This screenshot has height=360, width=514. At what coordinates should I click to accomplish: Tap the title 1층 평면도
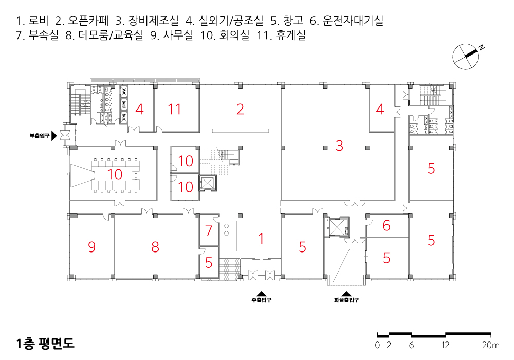[x=45, y=343]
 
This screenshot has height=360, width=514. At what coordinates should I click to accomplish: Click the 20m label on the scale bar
[x=491, y=346]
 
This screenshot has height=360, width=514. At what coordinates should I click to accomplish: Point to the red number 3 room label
[x=339, y=146]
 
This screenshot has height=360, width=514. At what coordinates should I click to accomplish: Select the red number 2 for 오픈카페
[x=240, y=109]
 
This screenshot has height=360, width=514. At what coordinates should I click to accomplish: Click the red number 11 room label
[x=175, y=109]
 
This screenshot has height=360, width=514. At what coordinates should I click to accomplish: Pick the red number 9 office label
[x=91, y=247]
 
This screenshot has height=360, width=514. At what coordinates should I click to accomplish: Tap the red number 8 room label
[x=155, y=247]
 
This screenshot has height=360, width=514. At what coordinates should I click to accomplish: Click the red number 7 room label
[x=209, y=231]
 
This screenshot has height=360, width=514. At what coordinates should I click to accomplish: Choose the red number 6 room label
[x=387, y=225]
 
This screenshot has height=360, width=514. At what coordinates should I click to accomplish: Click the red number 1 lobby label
[x=261, y=239]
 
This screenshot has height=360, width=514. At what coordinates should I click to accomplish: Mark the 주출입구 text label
[x=261, y=300]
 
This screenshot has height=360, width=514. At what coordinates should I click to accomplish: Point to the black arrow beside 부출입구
[x=54, y=136]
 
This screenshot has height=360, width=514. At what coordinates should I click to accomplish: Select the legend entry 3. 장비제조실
[x=147, y=22]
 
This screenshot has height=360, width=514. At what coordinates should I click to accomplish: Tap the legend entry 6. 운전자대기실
[x=346, y=22]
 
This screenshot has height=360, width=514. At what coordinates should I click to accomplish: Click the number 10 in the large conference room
[x=115, y=174]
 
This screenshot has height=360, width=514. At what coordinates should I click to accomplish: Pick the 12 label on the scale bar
[x=446, y=346]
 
